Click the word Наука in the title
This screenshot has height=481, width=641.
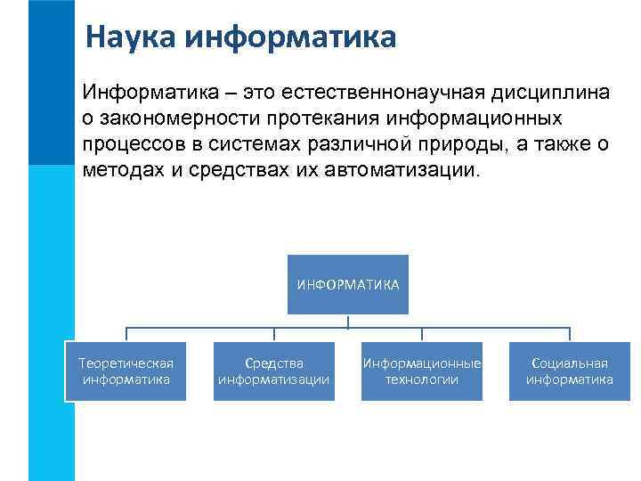(130, 38)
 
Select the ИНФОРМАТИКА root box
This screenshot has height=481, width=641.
(347, 284)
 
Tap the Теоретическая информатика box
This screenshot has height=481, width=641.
(126, 371)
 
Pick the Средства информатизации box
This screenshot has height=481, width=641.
(273, 371)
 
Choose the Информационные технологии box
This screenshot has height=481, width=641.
(421, 371)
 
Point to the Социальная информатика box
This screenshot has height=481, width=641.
(569, 371)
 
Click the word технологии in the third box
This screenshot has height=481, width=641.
(421, 380)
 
